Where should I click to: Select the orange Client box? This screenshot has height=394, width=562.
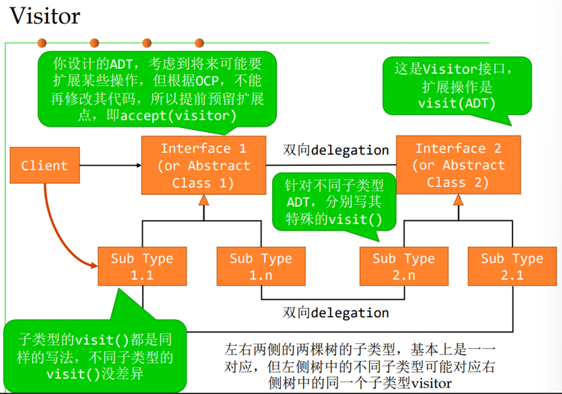point(44,165)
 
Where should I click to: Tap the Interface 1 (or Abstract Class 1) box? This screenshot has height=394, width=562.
point(203,165)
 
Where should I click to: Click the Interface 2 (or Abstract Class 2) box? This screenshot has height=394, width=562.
point(458,165)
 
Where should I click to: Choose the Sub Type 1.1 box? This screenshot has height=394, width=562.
point(142,267)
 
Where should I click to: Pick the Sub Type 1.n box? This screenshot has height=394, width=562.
point(261,267)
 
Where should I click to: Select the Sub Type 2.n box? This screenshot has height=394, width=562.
point(403,267)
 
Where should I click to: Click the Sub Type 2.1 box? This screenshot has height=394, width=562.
point(512,267)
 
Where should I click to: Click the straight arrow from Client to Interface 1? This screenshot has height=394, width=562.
point(110,165)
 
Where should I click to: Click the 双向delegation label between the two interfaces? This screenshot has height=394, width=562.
point(335,150)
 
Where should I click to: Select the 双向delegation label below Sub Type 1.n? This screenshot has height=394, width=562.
point(335,313)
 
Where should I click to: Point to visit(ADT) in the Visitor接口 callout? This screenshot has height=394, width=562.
point(457,103)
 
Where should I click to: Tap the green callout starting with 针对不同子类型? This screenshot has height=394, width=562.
point(335,202)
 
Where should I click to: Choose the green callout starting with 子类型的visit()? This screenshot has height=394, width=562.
point(96,356)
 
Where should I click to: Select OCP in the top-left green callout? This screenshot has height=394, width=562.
point(211,81)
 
